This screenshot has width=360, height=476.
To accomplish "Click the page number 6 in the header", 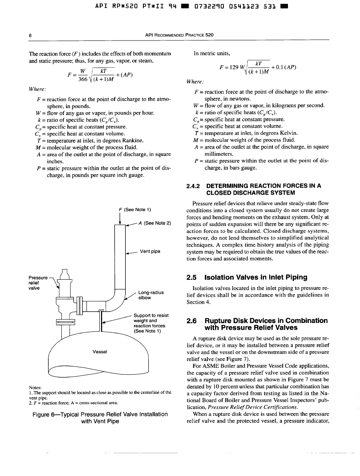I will coord(30,35).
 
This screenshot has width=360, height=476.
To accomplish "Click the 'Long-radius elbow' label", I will coord(151,295).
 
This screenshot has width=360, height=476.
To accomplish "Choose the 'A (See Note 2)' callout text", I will coord(155,223).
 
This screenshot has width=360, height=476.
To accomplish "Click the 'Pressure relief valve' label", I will coord(38,282).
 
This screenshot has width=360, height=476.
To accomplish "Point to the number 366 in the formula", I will coord(82,79).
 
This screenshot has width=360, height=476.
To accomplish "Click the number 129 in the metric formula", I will coord(233,67).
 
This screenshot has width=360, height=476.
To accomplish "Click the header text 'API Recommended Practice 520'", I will coord(179,35).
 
